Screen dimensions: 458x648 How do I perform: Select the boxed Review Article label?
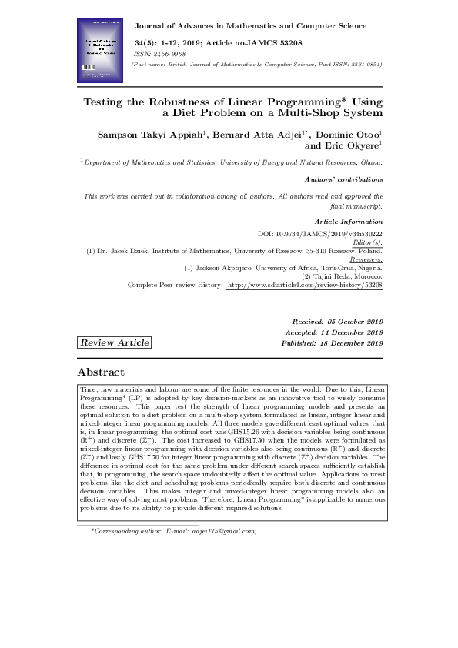click(x=115, y=342)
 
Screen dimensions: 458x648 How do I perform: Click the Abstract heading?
click(x=102, y=372)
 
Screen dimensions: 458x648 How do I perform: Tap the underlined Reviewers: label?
click(x=366, y=259)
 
